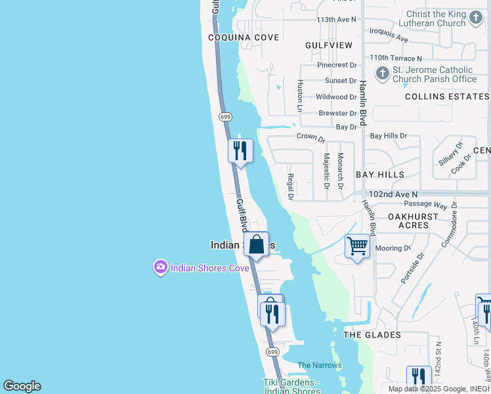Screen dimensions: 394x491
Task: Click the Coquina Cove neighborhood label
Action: coord(244,37)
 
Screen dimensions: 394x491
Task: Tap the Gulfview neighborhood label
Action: coord(329,45)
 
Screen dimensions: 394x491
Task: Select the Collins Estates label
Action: coord(447,97)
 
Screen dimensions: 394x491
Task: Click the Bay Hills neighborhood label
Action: coord(380,175)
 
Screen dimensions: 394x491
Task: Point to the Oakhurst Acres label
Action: coord(417,220)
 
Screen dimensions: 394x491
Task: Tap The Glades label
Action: coord(372,335)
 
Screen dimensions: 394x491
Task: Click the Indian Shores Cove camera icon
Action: coord(160,267)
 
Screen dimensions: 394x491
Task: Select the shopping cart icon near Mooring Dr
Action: coord(357,247)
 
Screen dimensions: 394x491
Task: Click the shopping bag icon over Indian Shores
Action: coord(257,244)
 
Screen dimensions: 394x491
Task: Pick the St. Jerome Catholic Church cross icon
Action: coord(381,73)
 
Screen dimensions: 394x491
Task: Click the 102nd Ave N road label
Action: coord(393,195)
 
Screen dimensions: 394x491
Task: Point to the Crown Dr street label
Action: coord(311,137)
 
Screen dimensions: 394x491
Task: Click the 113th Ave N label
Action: coord(336,20)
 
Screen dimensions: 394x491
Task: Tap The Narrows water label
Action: coord(320,365)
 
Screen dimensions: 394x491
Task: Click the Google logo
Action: coord(22,386)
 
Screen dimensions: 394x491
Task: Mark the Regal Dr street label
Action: coord(289,187)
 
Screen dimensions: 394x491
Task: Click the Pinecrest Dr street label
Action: coord(337,65)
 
